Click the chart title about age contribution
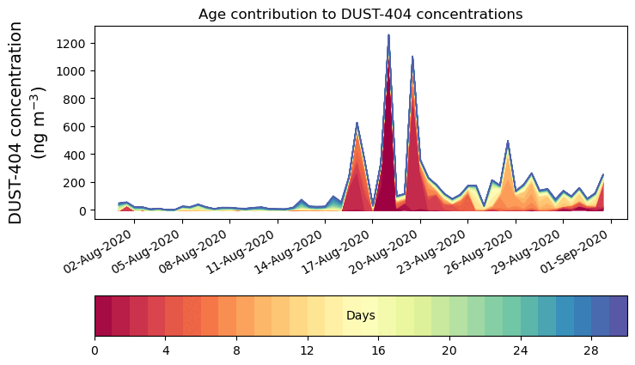(360, 14)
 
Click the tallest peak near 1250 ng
(388, 36)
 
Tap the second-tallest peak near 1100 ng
(412, 58)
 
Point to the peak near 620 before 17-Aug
(357, 124)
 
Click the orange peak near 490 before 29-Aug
(508, 142)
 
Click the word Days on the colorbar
(360, 316)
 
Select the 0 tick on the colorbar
(95, 350)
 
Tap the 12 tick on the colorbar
(308, 350)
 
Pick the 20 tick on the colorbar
(449, 350)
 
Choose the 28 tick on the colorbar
(591, 350)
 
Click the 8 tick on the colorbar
(236, 350)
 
